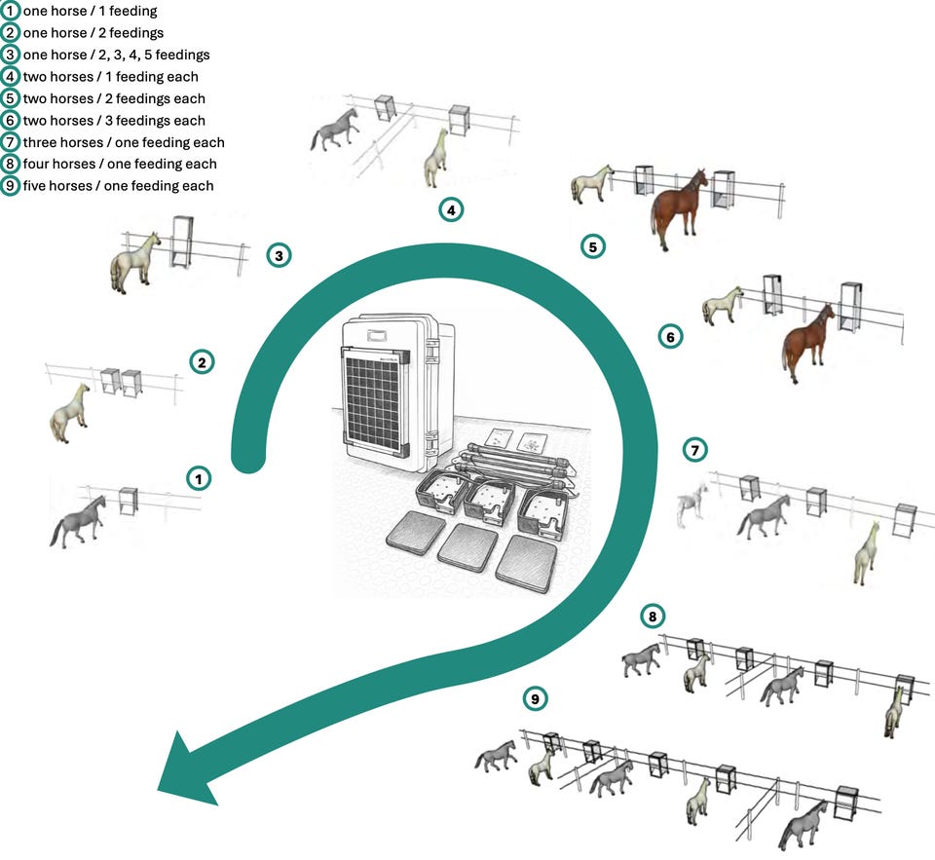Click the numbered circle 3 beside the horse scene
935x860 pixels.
pyautogui.click(x=279, y=256)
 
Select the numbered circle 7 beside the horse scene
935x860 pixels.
pyautogui.click(x=695, y=450)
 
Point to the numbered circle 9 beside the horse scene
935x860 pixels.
pyautogui.click(x=534, y=698)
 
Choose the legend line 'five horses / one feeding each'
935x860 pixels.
pyautogui.click(x=118, y=186)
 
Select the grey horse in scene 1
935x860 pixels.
pyautogui.click(x=79, y=520)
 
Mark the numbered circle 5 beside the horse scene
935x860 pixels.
pyautogui.click(x=593, y=246)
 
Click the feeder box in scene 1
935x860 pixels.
pyautogui.click(x=129, y=501)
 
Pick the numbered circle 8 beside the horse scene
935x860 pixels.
pyautogui.click(x=653, y=617)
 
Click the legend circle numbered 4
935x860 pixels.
pyautogui.click(x=11, y=77)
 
